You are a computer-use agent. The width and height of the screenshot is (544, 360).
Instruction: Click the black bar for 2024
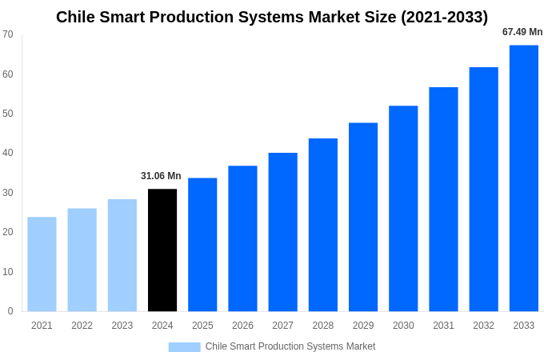(x=162, y=250)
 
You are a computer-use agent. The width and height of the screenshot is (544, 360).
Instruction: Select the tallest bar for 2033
(x=524, y=178)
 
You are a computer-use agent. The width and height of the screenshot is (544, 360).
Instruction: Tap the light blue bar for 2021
(x=42, y=264)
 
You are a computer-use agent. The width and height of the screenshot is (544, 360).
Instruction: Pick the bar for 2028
(x=323, y=225)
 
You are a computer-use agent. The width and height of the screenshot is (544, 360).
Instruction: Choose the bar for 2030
(x=403, y=209)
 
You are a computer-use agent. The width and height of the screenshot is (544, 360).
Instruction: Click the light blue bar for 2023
(x=122, y=255)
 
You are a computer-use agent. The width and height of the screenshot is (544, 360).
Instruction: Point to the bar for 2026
(x=242, y=238)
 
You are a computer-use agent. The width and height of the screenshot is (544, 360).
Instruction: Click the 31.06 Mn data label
(x=161, y=176)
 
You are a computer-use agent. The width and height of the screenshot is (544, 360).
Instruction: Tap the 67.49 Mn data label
(x=522, y=32)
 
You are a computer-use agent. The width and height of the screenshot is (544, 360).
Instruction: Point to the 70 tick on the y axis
(x=8, y=34)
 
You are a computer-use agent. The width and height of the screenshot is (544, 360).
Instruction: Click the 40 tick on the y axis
(x=8, y=153)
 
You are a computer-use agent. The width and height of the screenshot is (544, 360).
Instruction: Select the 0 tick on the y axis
(x=10, y=311)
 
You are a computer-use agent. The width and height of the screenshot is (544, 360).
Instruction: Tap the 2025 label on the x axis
(x=202, y=326)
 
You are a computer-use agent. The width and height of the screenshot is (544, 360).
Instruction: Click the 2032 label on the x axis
(x=483, y=326)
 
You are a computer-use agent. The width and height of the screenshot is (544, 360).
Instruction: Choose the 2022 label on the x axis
(x=82, y=326)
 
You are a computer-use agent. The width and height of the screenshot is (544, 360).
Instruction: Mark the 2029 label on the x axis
(x=363, y=326)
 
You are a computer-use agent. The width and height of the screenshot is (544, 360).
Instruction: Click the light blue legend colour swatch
(x=184, y=347)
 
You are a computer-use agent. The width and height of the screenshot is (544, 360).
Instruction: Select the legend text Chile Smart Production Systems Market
(x=290, y=346)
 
